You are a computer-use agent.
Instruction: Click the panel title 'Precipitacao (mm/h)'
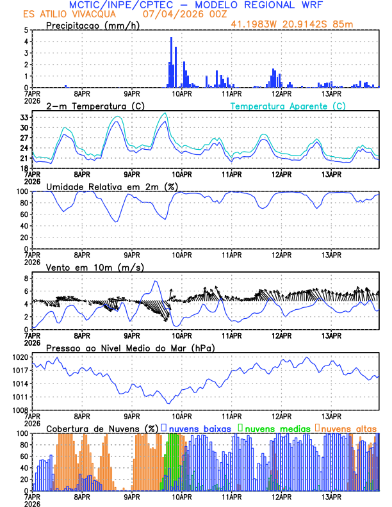coord(92,25)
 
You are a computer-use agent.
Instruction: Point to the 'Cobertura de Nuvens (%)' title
coord(102,428)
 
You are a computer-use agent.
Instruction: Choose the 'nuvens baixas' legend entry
coord(199,428)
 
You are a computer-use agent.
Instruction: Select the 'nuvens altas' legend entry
coord(348,428)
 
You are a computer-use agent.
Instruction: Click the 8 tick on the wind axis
coord(26,278)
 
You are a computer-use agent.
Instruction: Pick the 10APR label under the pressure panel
coord(181,415)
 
